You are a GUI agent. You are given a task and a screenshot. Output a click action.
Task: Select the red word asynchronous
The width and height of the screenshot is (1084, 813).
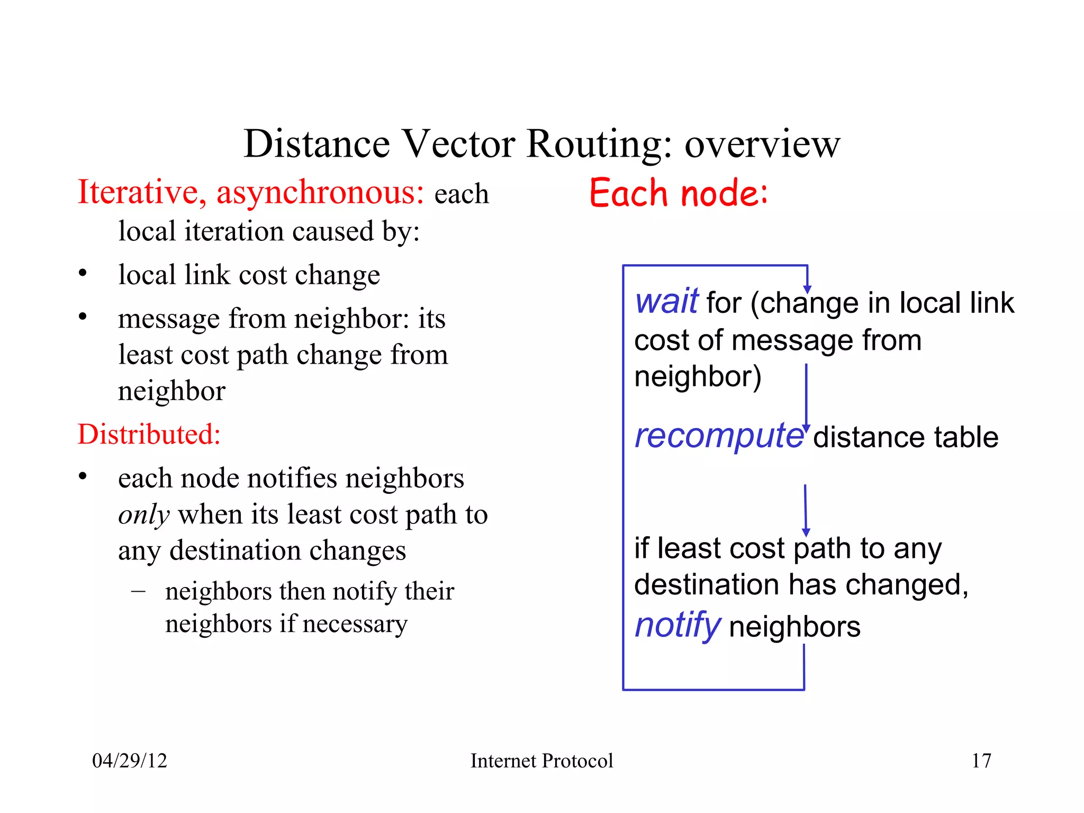(x=320, y=193)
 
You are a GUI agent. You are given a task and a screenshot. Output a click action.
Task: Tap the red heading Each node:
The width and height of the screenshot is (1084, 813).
(x=678, y=193)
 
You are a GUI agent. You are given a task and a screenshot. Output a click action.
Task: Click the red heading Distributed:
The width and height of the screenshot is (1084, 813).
(x=149, y=435)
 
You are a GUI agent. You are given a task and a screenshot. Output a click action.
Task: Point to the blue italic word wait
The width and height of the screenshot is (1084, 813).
(x=667, y=302)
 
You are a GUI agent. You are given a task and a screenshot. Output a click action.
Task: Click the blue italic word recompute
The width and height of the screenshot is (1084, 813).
(x=718, y=437)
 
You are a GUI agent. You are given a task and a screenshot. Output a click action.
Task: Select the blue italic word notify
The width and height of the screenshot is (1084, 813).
(x=677, y=626)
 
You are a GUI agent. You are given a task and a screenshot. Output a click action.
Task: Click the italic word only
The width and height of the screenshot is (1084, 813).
(x=143, y=515)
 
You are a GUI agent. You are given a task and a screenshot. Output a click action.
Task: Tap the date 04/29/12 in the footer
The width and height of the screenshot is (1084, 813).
(x=130, y=761)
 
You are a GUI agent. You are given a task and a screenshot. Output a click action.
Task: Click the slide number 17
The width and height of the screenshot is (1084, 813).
(x=981, y=761)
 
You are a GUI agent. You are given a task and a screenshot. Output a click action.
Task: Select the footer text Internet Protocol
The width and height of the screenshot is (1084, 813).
(x=541, y=761)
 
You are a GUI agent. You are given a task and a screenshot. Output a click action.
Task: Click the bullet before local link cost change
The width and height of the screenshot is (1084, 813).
(x=83, y=274)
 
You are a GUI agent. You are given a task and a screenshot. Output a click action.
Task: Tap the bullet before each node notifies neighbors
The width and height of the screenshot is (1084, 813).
(x=83, y=476)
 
